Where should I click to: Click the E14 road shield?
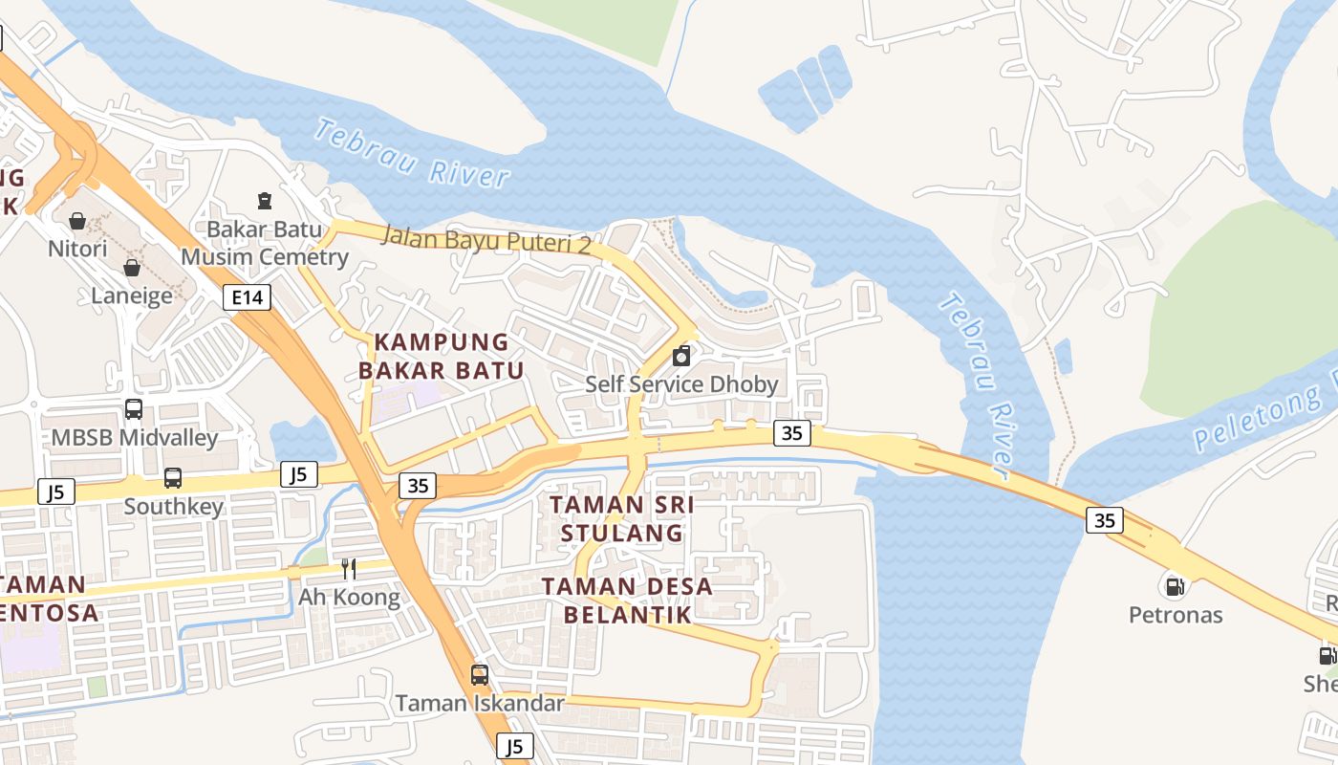(247, 297)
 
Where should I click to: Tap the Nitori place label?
(77, 249)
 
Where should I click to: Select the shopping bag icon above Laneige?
(132, 268)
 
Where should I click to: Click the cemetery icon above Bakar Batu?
(265, 201)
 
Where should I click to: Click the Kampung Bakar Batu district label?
(442, 356)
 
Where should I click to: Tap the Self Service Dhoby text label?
(681, 384)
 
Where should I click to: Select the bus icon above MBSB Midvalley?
(134, 409)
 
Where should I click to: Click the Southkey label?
(173, 506)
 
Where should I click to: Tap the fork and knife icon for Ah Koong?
(349, 569)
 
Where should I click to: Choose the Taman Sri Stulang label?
(622, 517)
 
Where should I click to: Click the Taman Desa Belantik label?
(628, 600)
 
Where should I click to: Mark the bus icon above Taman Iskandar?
(480, 674)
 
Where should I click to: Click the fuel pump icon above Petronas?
(1175, 585)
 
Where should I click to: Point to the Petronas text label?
(1176, 614)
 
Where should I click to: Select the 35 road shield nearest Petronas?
(1104, 520)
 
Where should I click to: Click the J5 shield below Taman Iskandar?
(515, 746)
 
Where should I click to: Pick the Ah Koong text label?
(349, 598)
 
